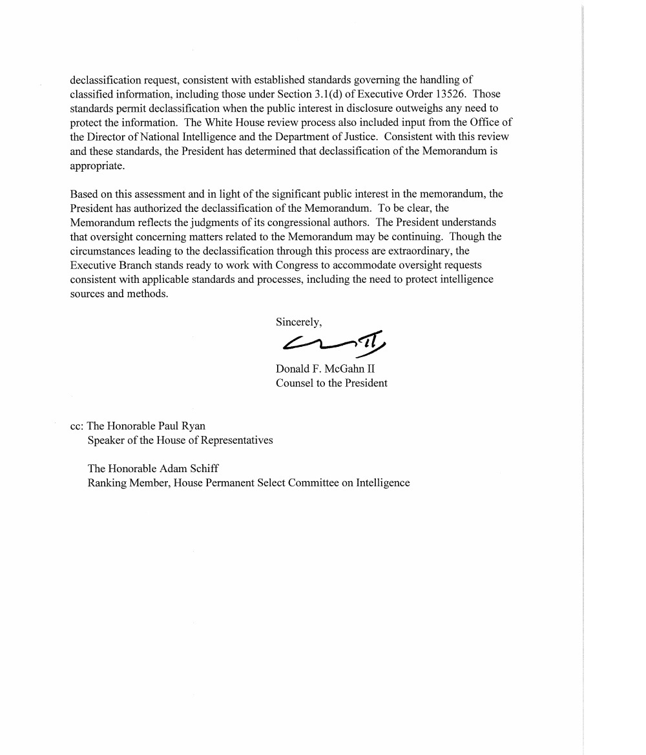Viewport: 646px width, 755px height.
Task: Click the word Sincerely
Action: [x=298, y=322]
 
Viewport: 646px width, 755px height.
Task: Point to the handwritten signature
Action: [x=333, y=342]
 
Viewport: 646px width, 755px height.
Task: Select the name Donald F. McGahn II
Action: [x=325, y=369]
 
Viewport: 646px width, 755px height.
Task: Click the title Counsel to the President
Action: [x=331, y=383]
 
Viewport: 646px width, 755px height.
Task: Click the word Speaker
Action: [x=107, y=440]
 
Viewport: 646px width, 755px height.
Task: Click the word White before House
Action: [x=221, y=123]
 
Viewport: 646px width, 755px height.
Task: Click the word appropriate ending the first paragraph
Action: [x=97, y=165]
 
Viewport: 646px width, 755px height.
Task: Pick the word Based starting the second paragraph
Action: [x=84, y=194]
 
